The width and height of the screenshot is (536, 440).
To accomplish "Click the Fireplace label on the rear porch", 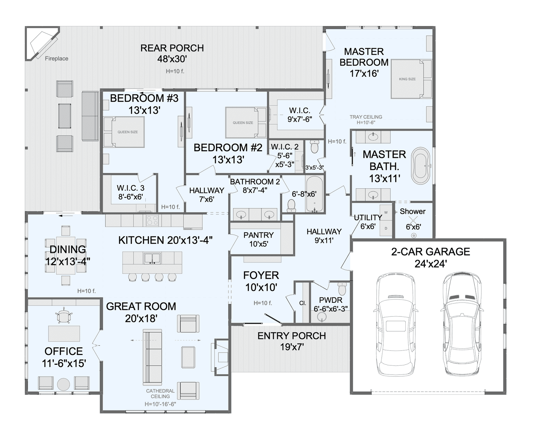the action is [x=56, y=59].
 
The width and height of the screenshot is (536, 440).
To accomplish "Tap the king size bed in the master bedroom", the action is [x=411, y=79].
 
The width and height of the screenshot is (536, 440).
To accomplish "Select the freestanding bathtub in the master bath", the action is [x=421, y=166].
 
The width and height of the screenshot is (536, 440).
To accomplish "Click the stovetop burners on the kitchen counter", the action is [x=152, y=221].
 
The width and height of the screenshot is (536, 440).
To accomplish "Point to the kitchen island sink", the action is [x=152, y=258].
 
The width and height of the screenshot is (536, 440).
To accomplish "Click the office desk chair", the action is [x=63, y=315].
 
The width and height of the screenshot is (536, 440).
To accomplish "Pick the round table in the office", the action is [x=63, y=384].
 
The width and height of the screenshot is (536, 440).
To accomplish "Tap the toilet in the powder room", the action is [x=342, y=288].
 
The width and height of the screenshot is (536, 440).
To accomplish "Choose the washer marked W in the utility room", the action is [x=386, y=212].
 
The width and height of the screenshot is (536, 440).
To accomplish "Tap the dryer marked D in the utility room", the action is [x=386, y=228].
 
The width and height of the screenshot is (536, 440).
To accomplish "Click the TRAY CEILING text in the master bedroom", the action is [x=366, y=117].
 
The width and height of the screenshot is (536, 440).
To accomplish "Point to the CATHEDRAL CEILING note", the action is [x=160, y=393].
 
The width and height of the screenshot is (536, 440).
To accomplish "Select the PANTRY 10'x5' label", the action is [x=259, y=240].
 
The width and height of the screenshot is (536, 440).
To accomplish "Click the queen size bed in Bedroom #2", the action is [x=246, y=123].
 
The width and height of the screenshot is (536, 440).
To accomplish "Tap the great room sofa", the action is [x=152, y=357].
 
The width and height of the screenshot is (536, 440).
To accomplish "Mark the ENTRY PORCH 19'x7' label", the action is [x=291, y=341].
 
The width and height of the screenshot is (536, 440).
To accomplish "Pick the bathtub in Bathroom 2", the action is [x=315, y=194].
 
